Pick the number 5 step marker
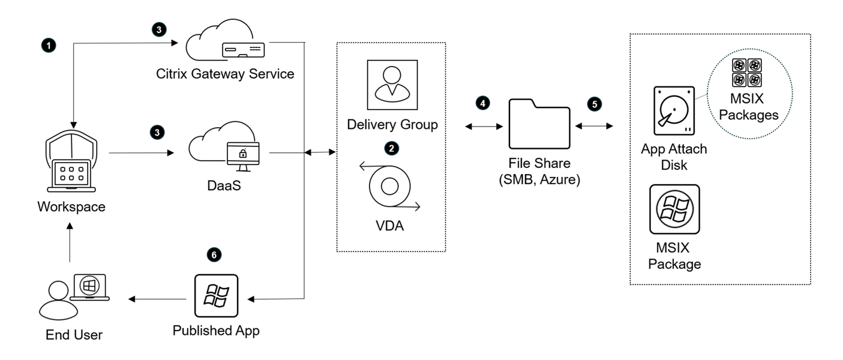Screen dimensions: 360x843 click(x=594, y=103)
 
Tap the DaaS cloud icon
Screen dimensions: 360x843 click(x=227, y=148)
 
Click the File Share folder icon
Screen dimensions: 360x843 click(x=539, y=124)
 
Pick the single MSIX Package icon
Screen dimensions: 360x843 click(x=674, y=209)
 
